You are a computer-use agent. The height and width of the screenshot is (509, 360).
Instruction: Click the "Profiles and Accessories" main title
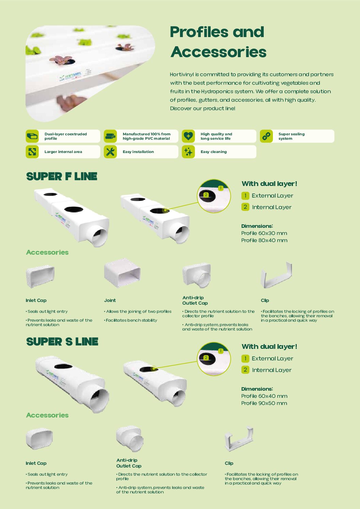[218, 42]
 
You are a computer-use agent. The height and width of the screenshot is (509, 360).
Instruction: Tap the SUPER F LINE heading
[62, 176]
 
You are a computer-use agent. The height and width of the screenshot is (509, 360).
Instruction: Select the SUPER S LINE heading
[62, 341]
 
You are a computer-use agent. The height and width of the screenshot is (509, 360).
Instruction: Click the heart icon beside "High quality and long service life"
[188, 136]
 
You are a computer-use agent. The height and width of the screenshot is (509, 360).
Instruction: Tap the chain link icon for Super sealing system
[266, 136]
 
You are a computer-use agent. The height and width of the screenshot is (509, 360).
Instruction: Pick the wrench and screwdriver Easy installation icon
[110, 152]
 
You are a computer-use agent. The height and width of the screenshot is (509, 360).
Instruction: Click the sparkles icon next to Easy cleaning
[188, 152]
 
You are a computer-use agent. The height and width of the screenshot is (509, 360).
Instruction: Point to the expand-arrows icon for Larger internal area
[32, 152]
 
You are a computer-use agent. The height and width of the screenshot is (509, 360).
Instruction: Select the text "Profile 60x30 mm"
[264, 233]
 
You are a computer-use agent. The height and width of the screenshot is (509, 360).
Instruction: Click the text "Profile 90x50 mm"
[264, 403]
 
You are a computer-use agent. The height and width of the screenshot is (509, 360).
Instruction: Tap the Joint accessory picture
[122, 273]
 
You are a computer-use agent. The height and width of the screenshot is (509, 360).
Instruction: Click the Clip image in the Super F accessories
[276, 275]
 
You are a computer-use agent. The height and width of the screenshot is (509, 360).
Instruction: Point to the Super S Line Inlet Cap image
[39, 439]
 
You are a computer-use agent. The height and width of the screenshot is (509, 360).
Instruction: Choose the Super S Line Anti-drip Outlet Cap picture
[130, 438]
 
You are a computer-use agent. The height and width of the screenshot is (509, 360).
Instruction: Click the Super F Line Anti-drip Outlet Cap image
[196, 275]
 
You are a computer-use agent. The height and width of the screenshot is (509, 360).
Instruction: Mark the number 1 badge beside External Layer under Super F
[245, 196]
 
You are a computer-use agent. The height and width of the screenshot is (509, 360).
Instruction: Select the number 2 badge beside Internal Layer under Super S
[245, 370]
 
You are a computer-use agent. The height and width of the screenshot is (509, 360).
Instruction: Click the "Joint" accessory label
[110, 300]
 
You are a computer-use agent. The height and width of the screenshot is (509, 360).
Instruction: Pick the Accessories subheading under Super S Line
[47, 415]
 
